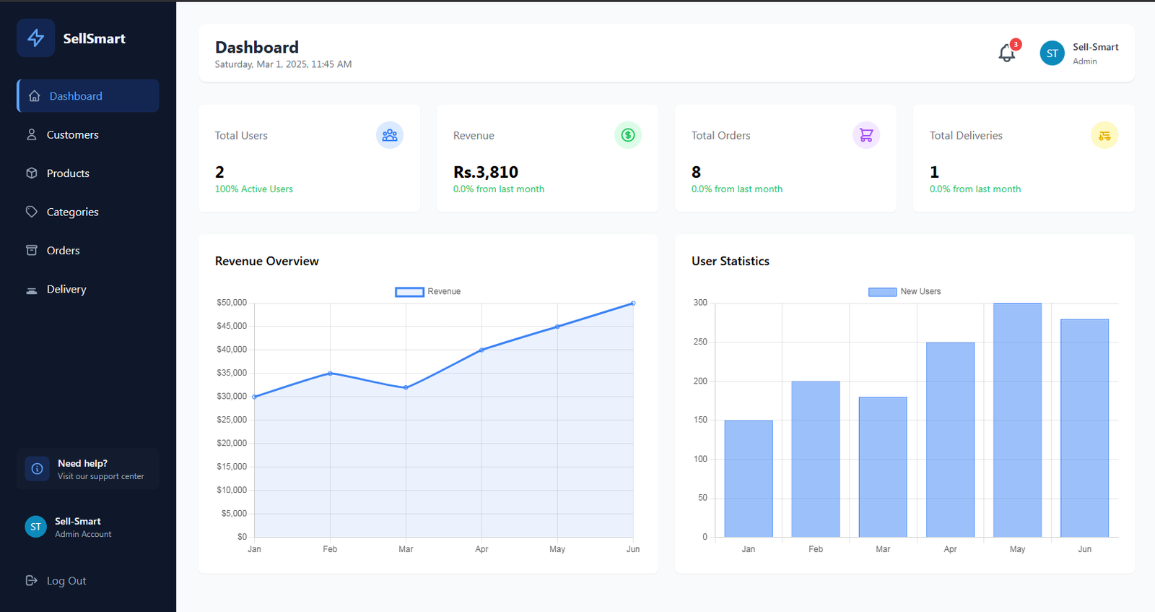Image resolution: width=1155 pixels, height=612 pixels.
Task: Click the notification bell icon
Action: click(1006, 53)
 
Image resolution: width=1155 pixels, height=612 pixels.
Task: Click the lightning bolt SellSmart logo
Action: click(35, 38)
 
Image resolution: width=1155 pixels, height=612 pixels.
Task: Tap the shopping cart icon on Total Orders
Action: click(866, 135)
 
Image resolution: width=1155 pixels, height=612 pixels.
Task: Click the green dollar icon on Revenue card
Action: click(628, 135)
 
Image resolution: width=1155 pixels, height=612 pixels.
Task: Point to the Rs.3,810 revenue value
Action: click(486, 172)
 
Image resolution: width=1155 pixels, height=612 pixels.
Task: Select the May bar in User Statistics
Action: click(1017, 420)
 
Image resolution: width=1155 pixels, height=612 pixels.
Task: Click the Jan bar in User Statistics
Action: click(749, 478)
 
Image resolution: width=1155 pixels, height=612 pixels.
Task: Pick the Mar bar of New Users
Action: click(883, 467)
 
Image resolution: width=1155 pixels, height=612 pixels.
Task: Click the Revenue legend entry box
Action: click(409, 292)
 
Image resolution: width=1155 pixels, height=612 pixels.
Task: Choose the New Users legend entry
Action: click(905, 292)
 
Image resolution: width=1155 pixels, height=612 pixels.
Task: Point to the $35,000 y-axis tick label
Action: click(232, 373)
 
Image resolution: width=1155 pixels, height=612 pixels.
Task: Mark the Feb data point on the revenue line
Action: click(330, 373)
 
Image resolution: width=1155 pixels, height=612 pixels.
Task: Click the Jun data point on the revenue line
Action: click(633, 303)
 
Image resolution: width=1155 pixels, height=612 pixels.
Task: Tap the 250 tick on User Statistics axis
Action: click(700, 342)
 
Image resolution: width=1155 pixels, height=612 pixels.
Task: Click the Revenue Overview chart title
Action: click(266, 261)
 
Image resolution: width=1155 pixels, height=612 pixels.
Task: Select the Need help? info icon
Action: click(37, 468)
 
